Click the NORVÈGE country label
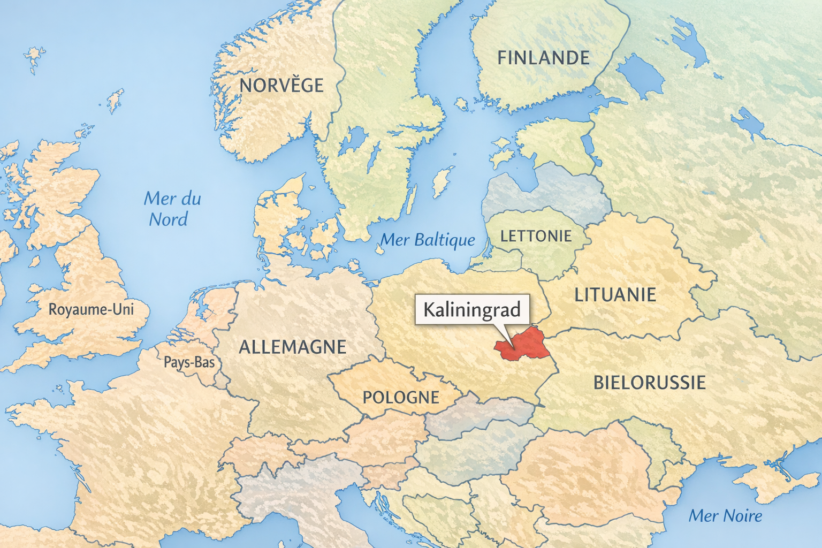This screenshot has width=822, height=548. tap(281, 86)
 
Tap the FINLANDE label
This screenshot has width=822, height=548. tap(543, 58)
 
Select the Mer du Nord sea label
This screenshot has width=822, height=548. tap(171, 209)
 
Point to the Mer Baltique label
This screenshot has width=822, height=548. tap(428, 240)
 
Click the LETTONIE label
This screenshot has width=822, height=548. tap(536, 236)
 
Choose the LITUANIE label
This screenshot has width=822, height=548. tap(615, 295)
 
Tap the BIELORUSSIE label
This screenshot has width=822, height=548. tap(649, 383)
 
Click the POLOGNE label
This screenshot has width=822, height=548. tap(401, 398)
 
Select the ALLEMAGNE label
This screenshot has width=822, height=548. tap(292, 347)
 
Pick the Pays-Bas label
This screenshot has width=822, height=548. tap(189, 363)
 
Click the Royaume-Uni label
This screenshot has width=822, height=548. tap(91, 309)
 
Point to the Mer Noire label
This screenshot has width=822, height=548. tap(725, 516)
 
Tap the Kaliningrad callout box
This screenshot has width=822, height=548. tap(471, 309)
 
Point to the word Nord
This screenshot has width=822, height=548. tap(168, 219)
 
